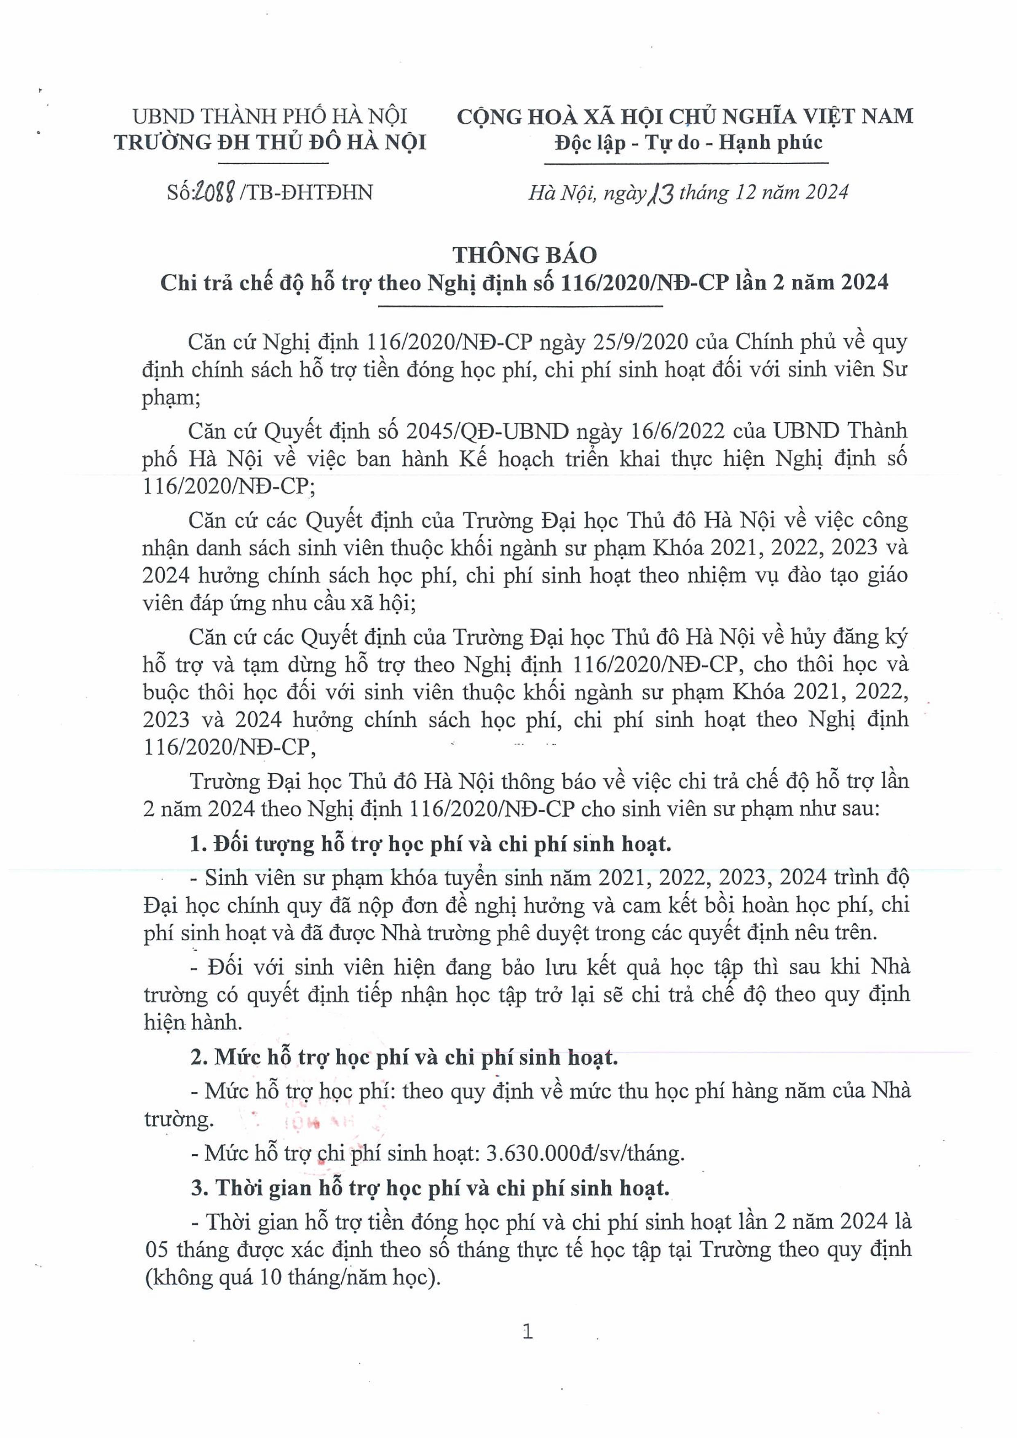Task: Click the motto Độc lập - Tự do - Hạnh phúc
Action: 688,143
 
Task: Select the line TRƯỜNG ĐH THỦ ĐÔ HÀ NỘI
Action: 270,143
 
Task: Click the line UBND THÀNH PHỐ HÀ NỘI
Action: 270,116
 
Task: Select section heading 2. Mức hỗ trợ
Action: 404,1057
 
